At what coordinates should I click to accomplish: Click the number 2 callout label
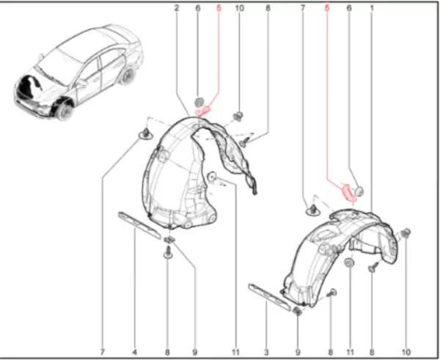click(177, 8)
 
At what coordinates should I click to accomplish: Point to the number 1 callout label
click(372, 8)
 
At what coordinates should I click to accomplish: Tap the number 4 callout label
click(135, 352)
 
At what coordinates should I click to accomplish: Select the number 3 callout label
click(266, 352)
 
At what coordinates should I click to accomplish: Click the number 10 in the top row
click(239, 8)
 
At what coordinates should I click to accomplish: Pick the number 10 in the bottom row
click(406, 352)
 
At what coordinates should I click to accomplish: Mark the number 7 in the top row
click(302, 8)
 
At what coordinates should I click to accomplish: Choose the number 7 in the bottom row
click(103, 352)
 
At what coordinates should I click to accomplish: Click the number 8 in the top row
click(268, 8)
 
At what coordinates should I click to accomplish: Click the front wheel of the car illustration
click(65, 111)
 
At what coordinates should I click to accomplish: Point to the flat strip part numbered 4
click(139, 224)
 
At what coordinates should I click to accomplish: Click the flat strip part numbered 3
click(269, 297)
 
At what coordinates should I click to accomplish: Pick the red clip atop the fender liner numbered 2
click(204, 111)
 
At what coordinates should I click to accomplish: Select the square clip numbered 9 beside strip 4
click(169, 240)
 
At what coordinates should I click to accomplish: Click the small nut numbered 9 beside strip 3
click(297, 311)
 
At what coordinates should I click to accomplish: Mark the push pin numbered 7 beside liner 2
click(146, 134)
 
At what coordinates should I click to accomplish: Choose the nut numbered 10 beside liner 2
click(238, 116)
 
